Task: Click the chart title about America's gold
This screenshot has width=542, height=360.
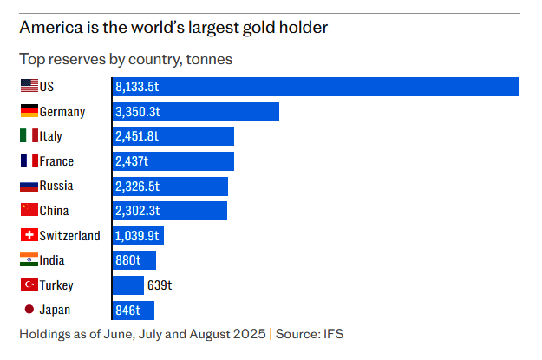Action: pos(173,28)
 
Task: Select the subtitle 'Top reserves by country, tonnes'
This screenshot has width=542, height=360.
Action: pos(126,60)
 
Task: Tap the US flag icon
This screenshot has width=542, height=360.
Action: pos(29,87)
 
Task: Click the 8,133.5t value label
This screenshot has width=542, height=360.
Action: pos(137,88)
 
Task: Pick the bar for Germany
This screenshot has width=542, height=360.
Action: pos(196,112)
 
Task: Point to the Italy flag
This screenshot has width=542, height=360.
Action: pos(29,136)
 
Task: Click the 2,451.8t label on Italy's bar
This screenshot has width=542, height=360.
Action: pos(138,136)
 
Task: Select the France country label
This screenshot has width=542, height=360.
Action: pos(56,161)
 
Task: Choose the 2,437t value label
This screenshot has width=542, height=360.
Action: pos(132,161)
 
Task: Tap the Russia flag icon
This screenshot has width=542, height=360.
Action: pos(29,186)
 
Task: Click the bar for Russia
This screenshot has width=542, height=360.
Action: pos(170,186)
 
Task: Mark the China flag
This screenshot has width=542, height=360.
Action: pos(29,211)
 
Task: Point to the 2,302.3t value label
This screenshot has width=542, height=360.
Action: pos(137,211)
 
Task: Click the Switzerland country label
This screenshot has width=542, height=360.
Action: pos(70,236)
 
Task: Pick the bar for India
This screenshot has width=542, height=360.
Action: pos(134,260)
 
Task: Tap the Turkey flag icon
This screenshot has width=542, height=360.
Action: pos(29,285)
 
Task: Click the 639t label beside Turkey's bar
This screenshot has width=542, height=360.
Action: pos(160,285)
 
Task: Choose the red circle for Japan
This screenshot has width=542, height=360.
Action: pos(29,310)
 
